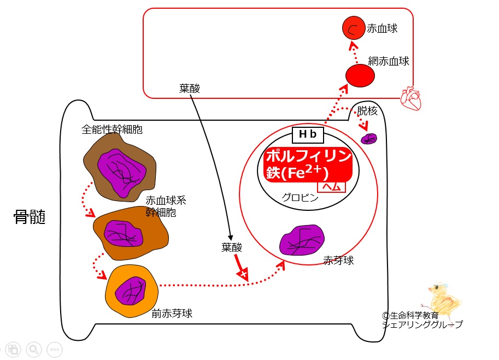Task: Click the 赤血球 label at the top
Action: coord(382,28)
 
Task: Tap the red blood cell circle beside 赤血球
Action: coord(354,28)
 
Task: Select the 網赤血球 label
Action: coord(389,61)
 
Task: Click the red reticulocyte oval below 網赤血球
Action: coord(360,76)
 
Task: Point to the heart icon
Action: coord(411,98)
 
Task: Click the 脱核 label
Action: coord(367,111)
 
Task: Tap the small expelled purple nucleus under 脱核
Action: coord(369,139)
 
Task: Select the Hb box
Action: coord(308,134)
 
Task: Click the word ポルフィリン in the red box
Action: coord(309,156)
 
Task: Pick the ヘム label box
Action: coord(332,187)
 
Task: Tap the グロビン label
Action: coord(300,198)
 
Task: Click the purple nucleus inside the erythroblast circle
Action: coord(302,240)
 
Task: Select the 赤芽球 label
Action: coord(339,261)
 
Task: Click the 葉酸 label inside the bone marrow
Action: coord(232,247)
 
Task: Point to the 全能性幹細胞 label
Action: coord(112,129)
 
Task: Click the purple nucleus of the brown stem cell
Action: coord(122,173)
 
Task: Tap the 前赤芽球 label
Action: coord(172,314)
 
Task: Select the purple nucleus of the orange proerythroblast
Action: coord(131,291)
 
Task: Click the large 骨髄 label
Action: coord(30,217)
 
